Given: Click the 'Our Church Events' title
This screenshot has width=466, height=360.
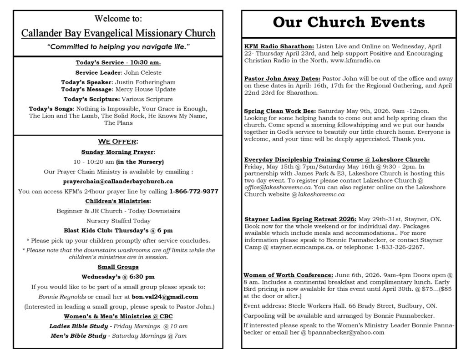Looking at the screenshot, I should point(349,22).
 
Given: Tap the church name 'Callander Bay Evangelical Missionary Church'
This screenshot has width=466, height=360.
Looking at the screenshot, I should point(118,33).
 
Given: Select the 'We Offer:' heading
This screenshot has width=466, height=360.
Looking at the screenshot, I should point(118,142).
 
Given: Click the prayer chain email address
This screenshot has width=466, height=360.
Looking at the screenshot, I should point(118,181).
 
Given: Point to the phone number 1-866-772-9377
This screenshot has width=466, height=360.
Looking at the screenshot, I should point(193,192).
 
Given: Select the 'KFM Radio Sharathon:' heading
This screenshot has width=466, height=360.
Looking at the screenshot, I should point(279,46).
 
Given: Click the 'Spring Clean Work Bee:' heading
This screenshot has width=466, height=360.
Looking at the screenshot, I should point(279,111).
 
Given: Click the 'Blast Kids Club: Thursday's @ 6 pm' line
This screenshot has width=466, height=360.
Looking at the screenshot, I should point(118,230).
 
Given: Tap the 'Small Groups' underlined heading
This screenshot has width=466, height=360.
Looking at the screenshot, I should point(118,267).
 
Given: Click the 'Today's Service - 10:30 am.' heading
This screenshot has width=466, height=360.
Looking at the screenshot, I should point(118,62).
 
